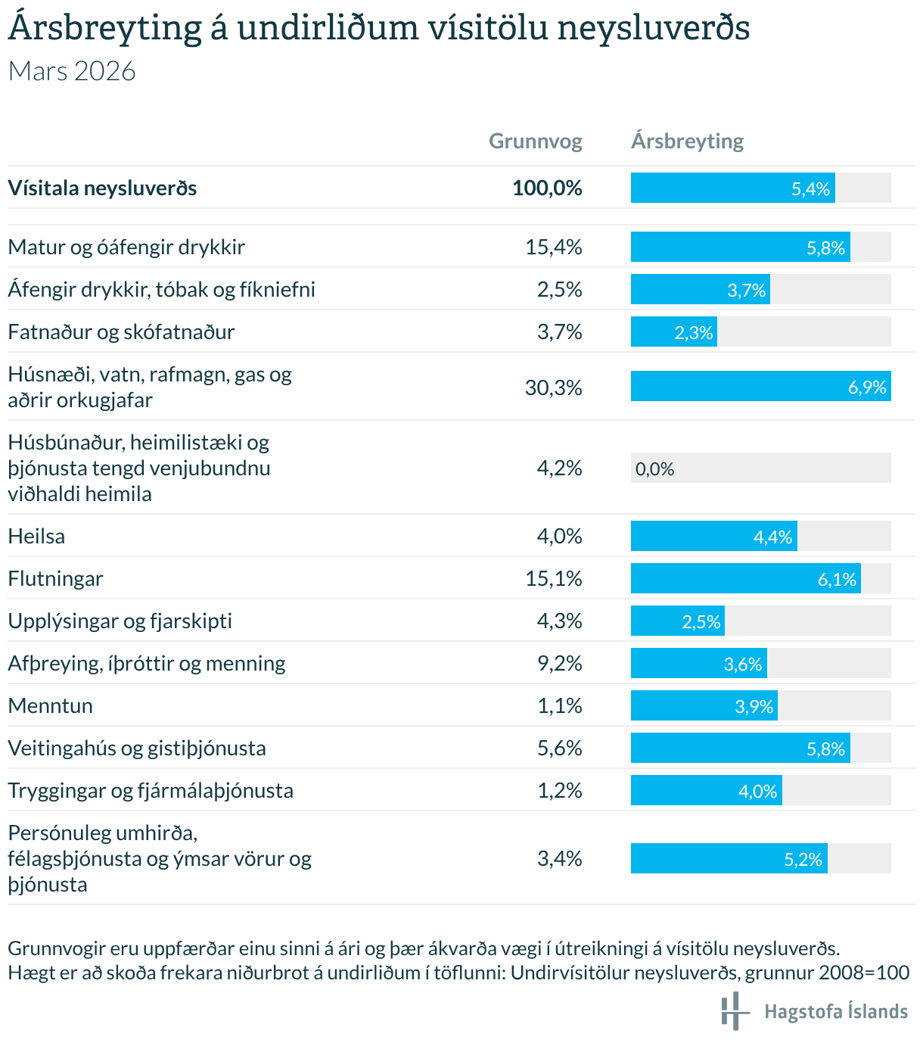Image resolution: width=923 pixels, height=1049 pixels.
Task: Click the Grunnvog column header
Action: (535, 142)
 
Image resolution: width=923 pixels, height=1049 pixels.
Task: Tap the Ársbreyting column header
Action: (687, 142)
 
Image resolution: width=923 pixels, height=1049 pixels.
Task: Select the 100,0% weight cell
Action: (547, 188)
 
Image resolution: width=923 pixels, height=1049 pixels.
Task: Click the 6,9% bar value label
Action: (867, 388)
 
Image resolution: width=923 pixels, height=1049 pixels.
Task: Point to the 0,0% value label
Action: (654, 469)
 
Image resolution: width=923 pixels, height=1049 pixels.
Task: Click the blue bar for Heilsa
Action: (713, 536)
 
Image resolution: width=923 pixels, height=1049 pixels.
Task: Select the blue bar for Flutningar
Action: (745, 578)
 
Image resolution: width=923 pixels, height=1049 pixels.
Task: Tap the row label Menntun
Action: (51, 706)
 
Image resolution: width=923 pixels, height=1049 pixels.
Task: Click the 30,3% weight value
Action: (553, 388)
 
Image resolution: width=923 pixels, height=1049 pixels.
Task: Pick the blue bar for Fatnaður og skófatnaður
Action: (673, 332)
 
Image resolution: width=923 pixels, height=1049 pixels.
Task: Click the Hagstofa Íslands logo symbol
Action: (734, 1011)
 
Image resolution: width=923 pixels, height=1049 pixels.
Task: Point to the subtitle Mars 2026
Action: (72, 71)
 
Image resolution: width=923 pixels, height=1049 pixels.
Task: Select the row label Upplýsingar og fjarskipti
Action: (120, 621)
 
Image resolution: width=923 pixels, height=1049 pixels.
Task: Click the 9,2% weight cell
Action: (559, 664)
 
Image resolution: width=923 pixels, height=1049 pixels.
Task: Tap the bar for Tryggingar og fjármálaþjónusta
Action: (706, 790)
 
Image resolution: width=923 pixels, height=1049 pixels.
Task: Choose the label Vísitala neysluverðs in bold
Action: (102, 188)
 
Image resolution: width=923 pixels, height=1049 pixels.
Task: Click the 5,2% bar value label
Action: (803, 859)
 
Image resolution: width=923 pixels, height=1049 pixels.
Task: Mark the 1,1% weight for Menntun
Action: (559, 706)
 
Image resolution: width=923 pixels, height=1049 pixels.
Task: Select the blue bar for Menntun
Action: (704, 705)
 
